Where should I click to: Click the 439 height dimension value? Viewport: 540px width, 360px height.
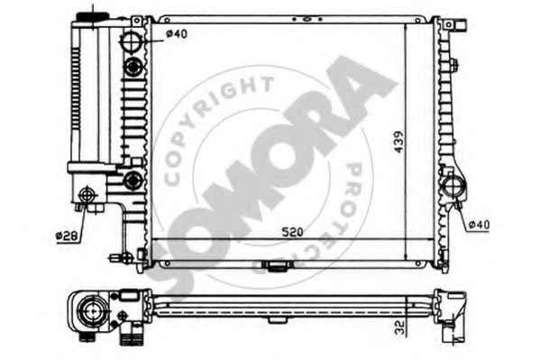click(398, 142)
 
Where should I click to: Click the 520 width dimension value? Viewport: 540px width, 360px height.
click(292, 232)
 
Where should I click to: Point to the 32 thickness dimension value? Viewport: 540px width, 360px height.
click(399, 328)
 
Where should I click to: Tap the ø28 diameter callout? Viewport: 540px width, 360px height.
click(67, 235)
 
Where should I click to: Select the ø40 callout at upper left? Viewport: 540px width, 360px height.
click(177, 33)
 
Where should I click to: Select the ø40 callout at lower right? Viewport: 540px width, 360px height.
click(479, 225)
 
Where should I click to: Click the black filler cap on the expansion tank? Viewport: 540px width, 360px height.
click(93, 16)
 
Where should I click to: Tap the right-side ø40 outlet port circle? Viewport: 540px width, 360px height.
click(453, 187)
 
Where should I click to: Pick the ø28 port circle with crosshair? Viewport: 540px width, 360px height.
click(87, 196)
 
